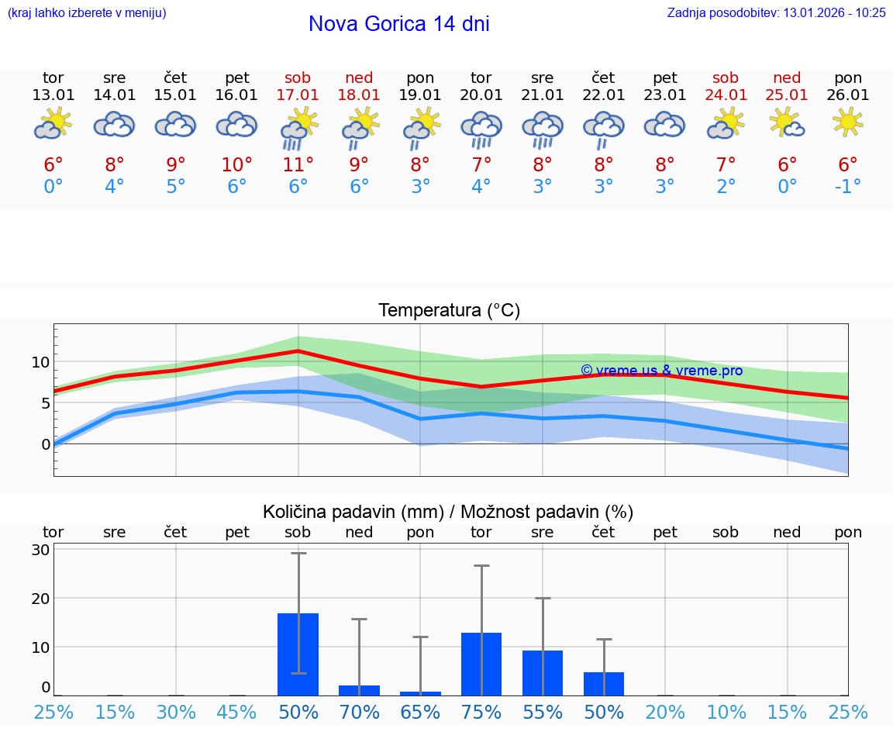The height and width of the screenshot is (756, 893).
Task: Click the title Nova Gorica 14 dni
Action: click(x=398, y=24)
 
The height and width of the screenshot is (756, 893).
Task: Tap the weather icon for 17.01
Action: click(x=298, y=129)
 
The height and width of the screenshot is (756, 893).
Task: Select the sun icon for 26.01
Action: click(x=848, y=123)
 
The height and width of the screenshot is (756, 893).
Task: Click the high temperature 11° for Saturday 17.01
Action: click(x=298, y=164)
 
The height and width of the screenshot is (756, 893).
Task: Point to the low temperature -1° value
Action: click(x=848, y=186)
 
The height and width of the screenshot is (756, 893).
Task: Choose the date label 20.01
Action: click(x=481, y=95)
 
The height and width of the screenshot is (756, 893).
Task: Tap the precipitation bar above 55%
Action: click(x=543, y=673)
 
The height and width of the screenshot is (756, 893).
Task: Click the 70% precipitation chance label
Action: click(x=360, y=712)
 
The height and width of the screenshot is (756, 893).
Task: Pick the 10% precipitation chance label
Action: click(x=726, y=712)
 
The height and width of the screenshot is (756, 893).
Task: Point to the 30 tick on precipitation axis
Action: click(x=40, y=550)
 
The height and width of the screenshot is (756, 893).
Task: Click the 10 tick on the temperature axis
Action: click(x=40, y=362)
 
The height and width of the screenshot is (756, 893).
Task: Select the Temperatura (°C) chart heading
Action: click(x=449, y=311)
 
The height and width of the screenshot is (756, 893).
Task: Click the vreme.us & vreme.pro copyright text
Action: click(x=661, y=371)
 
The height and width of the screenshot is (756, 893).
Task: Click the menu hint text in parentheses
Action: click(x=87, y=13)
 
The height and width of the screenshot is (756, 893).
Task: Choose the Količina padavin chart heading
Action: click(x=448, y=512)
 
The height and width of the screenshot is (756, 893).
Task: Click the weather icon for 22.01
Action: click(x=604, y=129)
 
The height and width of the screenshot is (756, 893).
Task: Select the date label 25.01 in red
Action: click(x=788, y=95)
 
